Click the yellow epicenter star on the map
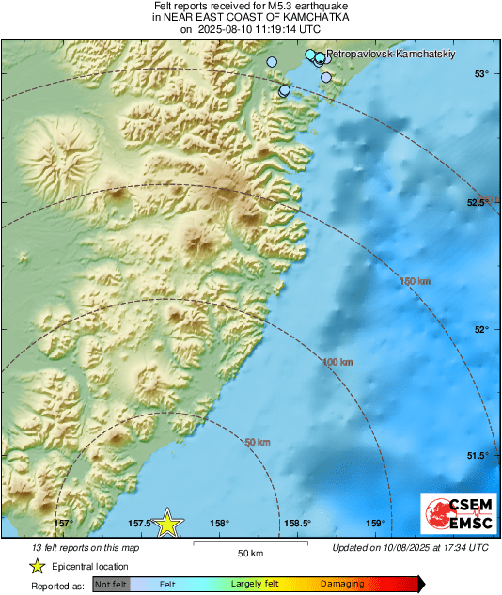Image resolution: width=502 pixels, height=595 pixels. [x=166, y=524]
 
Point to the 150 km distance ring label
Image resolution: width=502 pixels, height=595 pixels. [x=415, y=280]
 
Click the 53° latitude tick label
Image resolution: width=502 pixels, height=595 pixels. [x=480, y=74]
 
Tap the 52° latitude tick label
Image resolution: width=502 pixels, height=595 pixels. [x=480, y=329]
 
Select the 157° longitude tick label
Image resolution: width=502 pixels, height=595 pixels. [x=63, y=524]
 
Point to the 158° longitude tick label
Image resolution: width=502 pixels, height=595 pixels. [x=219, y=524]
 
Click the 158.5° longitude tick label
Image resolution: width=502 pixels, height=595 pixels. [x=297, y=524]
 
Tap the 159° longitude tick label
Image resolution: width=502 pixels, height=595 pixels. [x=375, y=524]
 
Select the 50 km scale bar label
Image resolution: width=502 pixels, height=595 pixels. [x=249, y=552]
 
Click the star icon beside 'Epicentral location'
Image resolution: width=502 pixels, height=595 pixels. [x=38, y=566]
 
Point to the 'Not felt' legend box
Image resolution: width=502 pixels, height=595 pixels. [x=112, y=584]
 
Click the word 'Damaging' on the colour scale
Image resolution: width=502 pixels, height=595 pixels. [x=342, y=584]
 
